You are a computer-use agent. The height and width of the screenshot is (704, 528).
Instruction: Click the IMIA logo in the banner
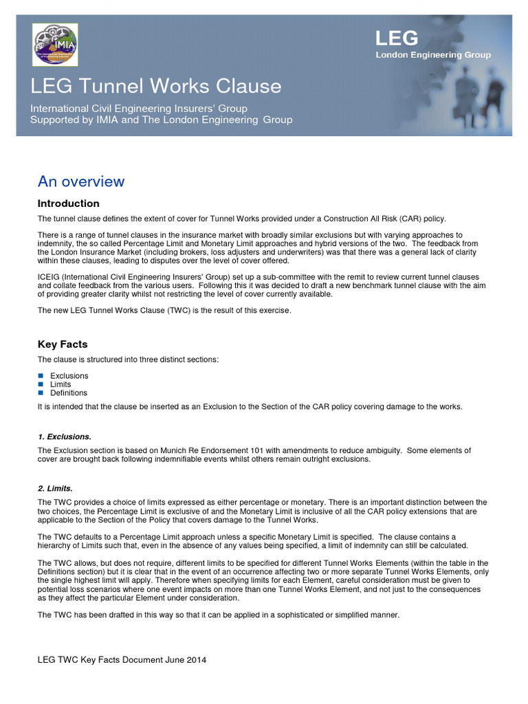pos(55,45)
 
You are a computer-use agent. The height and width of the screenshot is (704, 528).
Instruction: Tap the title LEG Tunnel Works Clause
pos(156,86)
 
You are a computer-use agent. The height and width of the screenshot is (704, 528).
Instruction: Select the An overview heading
pos(81,181)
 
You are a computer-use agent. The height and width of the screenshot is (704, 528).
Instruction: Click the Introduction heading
pos(68,203)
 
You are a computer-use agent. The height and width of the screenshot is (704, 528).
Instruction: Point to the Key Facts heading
pos(63,344)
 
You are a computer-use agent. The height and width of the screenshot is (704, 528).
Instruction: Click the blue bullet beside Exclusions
pos(41,376)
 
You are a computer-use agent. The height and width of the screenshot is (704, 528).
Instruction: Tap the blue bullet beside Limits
pos(41,384)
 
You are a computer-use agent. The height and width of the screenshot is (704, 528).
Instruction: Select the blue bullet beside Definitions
pos(41,393)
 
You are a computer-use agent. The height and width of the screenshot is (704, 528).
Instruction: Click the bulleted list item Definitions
pos(69,393)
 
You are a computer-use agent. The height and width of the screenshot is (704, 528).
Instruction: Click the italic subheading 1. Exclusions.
pos(65,437)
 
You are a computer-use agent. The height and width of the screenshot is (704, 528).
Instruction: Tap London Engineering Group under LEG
pos(433,55)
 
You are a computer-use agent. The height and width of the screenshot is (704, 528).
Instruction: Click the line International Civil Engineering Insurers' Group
pos(138,109)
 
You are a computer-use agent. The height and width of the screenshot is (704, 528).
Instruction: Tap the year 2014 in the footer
pos(196,660)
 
